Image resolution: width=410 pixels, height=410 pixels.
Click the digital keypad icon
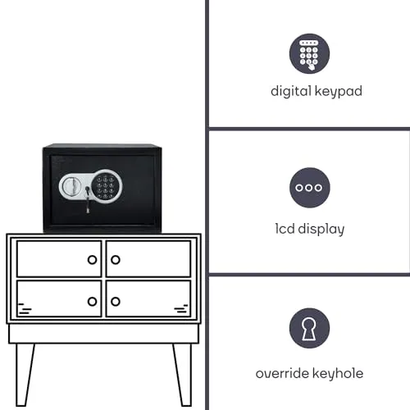(309, 53)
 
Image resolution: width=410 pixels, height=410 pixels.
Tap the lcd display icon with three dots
(310, 188)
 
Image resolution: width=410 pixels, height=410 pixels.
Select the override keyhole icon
(309, 328)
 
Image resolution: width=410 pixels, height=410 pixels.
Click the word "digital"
(291, 91)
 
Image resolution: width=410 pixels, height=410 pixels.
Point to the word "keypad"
(339, 91)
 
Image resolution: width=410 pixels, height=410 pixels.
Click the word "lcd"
(285, 229)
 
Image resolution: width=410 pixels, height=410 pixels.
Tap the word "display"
(321, 230)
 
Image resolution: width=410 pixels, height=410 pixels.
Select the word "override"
(282, 373)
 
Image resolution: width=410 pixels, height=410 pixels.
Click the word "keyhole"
(338, 374)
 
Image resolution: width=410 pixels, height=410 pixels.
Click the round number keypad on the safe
(106, 185)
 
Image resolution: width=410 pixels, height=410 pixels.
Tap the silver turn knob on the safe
(71, 186)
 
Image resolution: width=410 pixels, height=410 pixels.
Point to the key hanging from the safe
(88, 199)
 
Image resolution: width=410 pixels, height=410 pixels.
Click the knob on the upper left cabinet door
(92, 260)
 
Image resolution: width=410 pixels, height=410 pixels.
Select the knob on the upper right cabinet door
(116, 260)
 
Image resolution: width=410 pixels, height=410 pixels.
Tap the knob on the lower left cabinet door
(92, 302)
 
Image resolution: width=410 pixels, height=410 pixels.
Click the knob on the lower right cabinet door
(116, 302)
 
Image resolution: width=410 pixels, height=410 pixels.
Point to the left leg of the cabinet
(25, 375)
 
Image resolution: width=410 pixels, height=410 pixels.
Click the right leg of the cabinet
(183, 375)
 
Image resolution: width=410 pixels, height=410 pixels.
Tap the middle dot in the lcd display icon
(309, 188)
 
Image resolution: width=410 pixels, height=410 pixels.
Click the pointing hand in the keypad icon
(311, 66)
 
